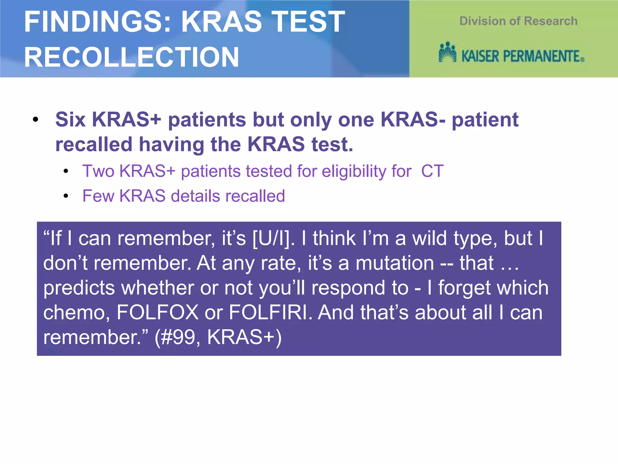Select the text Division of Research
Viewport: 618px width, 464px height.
(x=518, y=21)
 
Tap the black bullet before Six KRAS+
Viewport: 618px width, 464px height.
(x=36, y=120)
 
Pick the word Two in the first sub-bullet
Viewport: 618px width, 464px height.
(x=98, y=171)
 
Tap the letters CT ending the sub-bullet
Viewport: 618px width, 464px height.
(x=432, y=171)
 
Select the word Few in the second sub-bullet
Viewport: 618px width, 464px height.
(x=98, y=196)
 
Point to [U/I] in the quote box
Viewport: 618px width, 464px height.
(x=273, y=239)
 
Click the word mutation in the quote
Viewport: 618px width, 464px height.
(x=395, y=263)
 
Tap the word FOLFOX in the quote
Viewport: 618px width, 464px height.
(x=157, y=312)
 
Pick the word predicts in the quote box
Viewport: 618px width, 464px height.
(x=79, y=288)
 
